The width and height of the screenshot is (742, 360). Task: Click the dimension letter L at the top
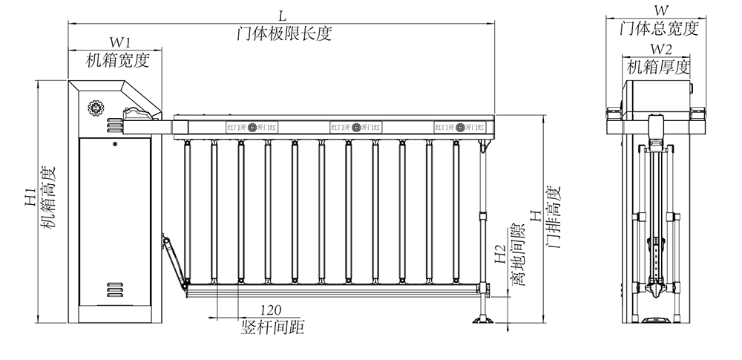281,14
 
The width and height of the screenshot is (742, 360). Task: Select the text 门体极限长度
281,33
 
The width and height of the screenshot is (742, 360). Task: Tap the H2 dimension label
500,255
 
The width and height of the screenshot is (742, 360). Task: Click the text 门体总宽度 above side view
659,29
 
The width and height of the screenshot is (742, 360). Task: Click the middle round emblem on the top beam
356,127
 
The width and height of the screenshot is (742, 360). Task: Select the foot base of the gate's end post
483,321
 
